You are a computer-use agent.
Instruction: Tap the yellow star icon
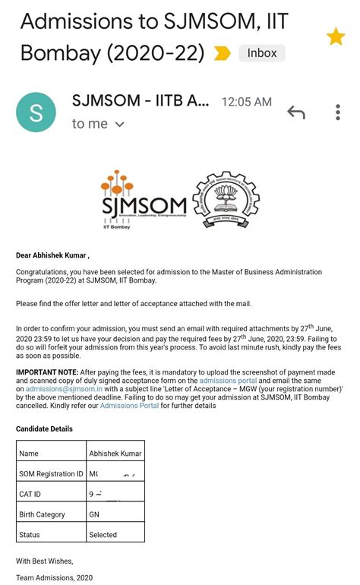336,36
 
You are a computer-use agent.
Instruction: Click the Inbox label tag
262,53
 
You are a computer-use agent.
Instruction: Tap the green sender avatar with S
36,112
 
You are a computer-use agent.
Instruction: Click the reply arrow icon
296,112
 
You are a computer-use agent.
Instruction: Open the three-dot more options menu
338,112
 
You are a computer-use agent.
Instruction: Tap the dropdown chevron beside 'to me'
119,124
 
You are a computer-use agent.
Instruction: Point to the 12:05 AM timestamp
246,102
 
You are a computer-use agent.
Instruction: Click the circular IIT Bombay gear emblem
226,200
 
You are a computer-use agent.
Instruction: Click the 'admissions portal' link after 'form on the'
228,381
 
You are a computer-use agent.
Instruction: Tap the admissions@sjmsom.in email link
64,389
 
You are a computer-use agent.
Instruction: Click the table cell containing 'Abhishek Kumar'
115,454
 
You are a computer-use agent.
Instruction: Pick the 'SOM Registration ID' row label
51,474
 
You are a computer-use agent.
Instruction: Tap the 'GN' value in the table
94,514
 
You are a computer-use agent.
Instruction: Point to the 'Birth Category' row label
42,514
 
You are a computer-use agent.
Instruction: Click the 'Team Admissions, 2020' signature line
54,577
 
